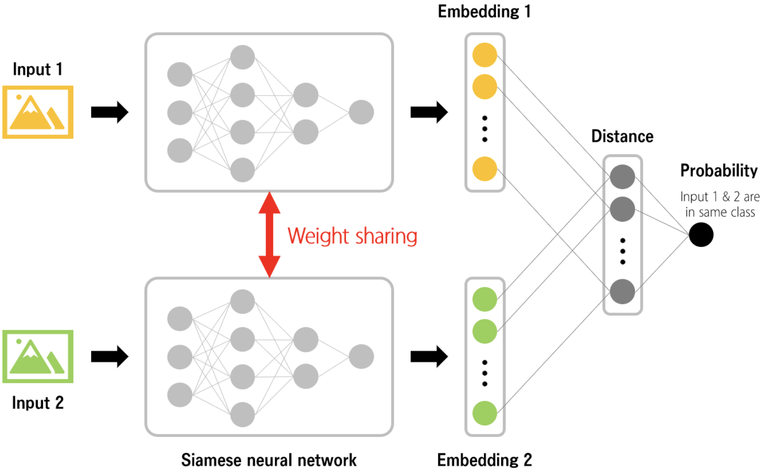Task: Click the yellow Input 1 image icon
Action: click(x=38, y=112)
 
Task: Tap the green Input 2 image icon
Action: click(x=38, y=357)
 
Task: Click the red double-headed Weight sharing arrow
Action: click(x=269, y=234)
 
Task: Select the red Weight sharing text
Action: click(x=352, y=236)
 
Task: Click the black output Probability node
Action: click(x=701, y=235)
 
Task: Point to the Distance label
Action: click(x=622, y=136)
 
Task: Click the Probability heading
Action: click(x=719, y=171)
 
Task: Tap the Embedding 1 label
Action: click(x=484, y=11)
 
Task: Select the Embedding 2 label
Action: click(x=484, y=460)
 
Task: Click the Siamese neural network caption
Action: click(x=269, y=460)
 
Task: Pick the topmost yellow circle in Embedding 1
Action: click(x=485, y=55)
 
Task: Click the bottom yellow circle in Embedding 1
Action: click(x=485, y=169)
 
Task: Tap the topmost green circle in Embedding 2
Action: click(x=485, y=299)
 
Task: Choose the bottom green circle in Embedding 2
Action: click(x=485, y=413)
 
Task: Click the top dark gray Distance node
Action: click(x=622, y=176)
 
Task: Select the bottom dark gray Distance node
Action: click(x=622, y=291)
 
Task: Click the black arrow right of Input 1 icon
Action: click(x=110, y=112)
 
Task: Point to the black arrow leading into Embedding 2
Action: click(x=429, y=357)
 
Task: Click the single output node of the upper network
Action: click(x=361, y=112)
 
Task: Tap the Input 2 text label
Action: click(x=38, y=403)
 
